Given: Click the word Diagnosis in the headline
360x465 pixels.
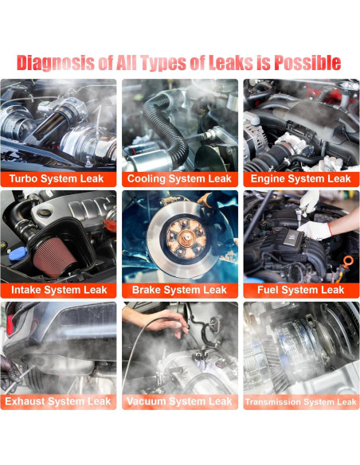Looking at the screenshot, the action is tap(56, 63).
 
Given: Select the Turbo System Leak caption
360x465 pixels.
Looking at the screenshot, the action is tap(57, 179).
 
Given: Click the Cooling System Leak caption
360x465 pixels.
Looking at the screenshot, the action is tap(179, 179).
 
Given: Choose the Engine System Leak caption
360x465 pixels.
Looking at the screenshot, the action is tap(301, 179).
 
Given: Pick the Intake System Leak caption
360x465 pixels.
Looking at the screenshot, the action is tap(59, 290).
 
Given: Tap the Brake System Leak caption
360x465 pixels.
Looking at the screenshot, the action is tap(179, 290).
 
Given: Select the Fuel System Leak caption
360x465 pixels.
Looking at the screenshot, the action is tap(301, 290).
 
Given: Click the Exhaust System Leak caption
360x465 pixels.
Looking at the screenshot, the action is tap(58, 401).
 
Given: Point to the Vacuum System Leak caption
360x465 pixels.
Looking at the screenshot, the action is tap(179, 401).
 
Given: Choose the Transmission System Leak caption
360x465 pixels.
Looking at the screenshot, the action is tap(301, 402).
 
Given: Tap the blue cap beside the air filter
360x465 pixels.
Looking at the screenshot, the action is tap(18, 254).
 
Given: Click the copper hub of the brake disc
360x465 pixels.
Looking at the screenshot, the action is tap(186, 237).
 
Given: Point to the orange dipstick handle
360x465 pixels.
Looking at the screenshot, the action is tap(348, 263).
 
